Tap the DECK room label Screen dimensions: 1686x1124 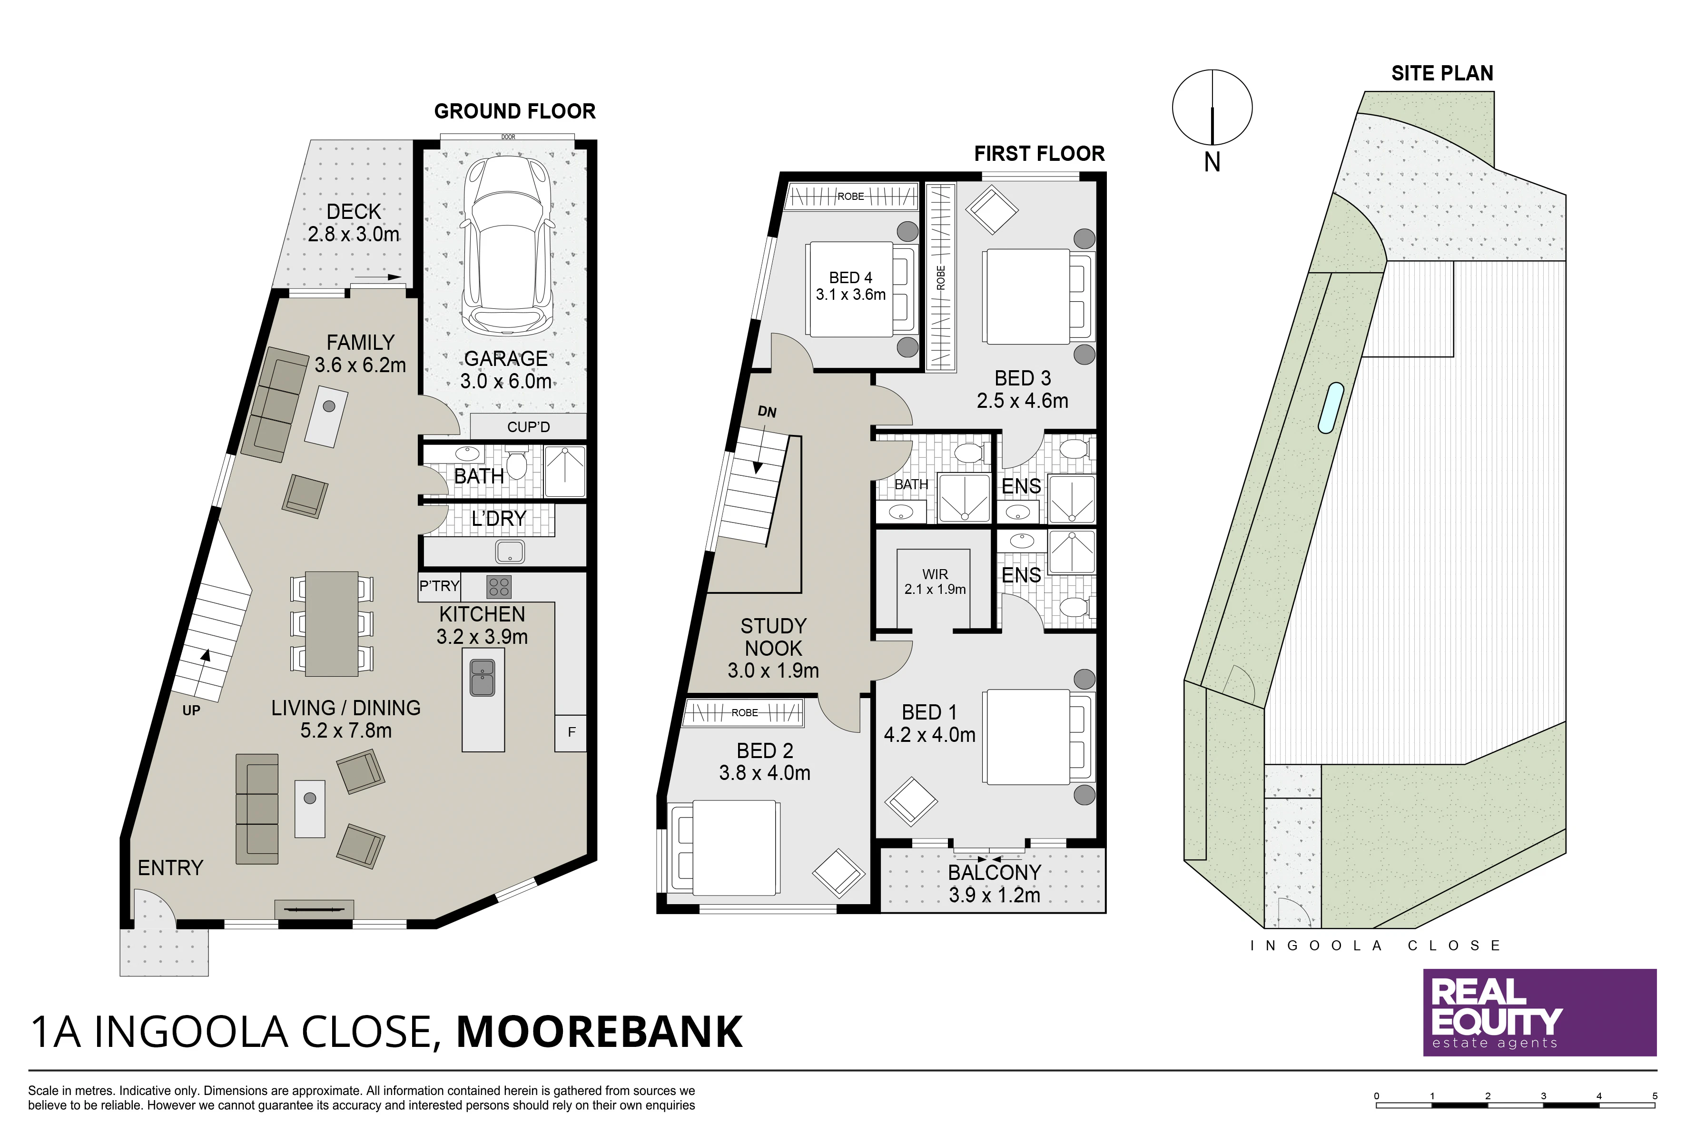coord(354,212)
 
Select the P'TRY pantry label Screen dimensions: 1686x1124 coord(439,586)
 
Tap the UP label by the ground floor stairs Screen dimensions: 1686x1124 coord(191,710)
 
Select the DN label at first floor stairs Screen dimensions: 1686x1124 coord(767,412)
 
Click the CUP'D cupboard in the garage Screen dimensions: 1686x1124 coord(528,426)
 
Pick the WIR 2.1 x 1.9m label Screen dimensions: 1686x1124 coord(935,582)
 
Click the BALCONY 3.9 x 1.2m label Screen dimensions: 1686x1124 coord(994,883)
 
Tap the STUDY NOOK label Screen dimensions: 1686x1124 coord(773,637)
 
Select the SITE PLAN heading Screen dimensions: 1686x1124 coord(1442,73)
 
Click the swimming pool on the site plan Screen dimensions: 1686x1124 coord(1331,408)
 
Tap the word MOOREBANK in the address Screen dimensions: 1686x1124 coord(599,1032)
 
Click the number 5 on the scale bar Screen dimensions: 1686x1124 coord(1655,1096)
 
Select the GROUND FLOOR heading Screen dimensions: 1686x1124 coord(515,111)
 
